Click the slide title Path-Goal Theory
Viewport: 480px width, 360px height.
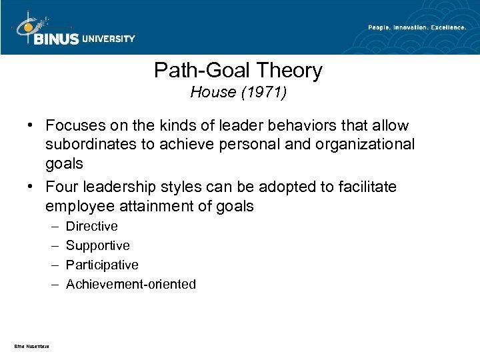point(238,70)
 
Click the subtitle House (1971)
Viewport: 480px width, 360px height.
point(238,93)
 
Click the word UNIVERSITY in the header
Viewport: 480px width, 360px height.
point(109,39)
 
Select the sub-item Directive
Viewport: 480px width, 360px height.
point(91,227)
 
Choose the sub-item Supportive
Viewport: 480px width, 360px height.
point(98,246)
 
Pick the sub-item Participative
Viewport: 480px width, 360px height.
point(102,265)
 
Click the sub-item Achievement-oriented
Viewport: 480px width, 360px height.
point(131,285)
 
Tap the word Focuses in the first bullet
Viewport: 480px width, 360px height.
point(73,126)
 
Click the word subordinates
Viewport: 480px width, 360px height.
point(89,144)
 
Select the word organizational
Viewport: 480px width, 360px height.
point(367,144)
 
